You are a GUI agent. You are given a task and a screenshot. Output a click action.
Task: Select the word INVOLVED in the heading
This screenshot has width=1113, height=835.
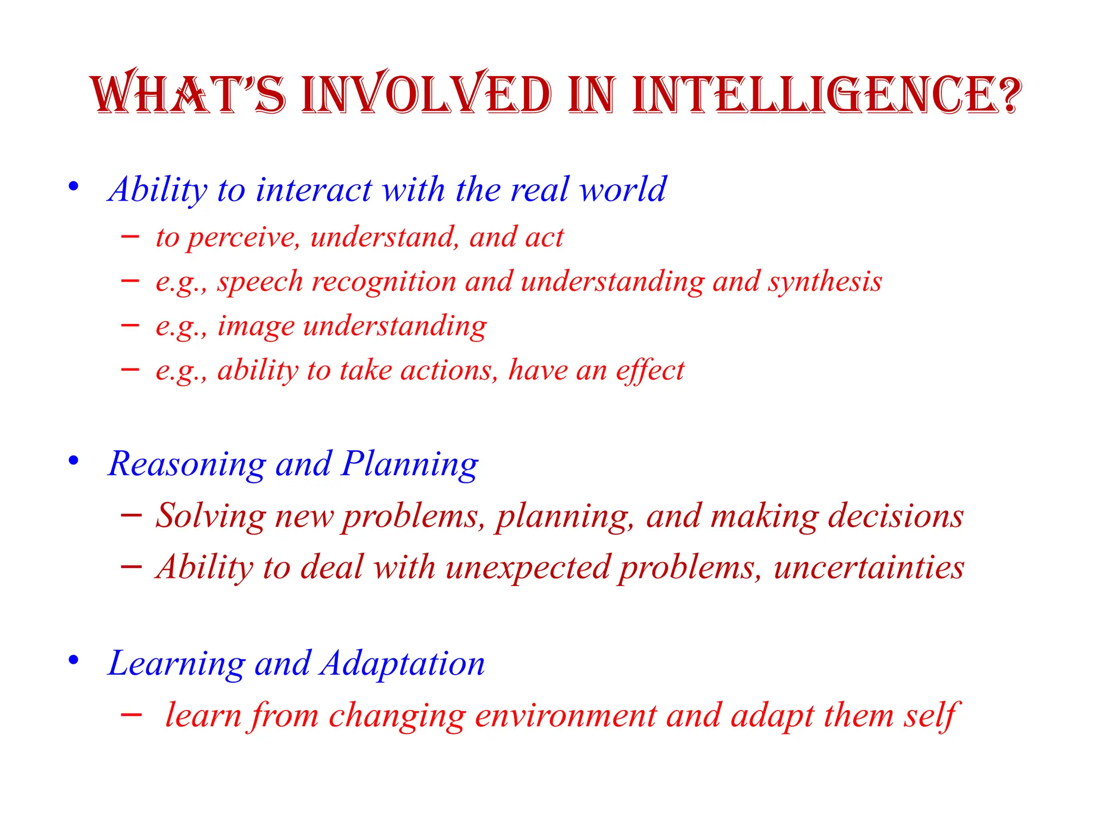pos(426,95)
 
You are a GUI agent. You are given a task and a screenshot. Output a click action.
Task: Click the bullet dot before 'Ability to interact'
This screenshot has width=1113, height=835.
pos(73,187)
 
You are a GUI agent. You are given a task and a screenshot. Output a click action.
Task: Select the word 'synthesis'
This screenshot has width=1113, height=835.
pos(824,282)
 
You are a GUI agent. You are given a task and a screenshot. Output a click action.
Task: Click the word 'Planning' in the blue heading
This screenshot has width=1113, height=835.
pos(410,465)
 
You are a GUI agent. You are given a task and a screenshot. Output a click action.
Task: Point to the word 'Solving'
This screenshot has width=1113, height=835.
pos(211,516)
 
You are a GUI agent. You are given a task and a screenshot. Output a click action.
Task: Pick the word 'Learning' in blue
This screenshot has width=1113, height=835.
pos(177,664)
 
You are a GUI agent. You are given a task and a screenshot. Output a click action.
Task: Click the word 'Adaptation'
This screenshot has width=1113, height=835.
pos(402,664)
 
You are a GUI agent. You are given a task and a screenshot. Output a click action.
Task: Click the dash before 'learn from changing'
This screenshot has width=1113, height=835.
pos(131,714)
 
